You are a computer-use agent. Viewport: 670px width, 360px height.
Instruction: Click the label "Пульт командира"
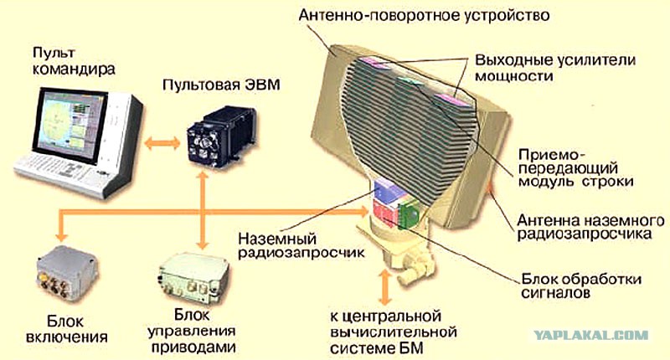tap(74, 60)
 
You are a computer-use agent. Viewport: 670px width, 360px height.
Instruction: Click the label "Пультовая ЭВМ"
tap(221, 85)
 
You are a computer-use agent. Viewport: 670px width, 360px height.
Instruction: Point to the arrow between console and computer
tap(162, 142)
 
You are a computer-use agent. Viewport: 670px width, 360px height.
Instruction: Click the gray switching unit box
tap(67, 274)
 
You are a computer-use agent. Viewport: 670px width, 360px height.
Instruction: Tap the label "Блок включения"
tap(66, 329)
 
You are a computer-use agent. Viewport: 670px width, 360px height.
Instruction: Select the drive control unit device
tap(193, 279)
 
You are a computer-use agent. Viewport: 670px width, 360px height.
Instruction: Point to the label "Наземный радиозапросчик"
tap(301, 245)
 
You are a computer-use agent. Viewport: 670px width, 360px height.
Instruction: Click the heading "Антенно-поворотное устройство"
tap(424, 15)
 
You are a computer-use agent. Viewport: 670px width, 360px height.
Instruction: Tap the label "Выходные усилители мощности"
tap(555, 68)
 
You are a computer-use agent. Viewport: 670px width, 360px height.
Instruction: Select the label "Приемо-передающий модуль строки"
tap(575, 167)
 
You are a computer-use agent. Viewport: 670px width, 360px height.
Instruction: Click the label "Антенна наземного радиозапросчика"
tap(590, 227)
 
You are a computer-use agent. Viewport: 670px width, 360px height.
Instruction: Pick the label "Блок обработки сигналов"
tap(581, 285)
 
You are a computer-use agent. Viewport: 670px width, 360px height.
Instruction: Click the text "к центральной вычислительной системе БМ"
tap(393, 332)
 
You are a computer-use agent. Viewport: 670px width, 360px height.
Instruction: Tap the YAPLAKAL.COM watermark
tap(591, 335)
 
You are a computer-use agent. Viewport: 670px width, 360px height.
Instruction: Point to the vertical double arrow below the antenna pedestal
tap(385, 287)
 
